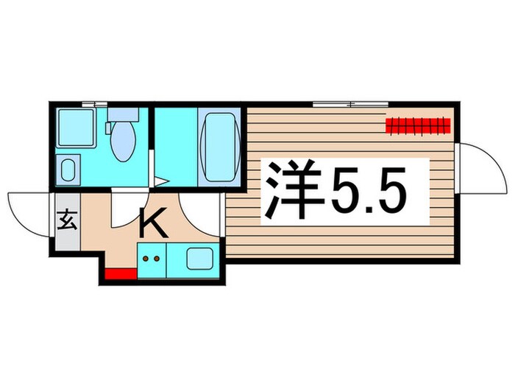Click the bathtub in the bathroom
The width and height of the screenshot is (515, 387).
(x=219, y=146)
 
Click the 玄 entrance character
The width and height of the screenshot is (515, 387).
(x=65, y=220)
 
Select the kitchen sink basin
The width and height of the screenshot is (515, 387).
(x=198, y=259)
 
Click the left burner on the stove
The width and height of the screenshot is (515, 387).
(x=146, y=259)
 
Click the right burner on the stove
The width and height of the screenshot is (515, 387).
(x=157, y=259)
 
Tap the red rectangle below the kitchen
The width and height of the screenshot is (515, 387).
(x=120, y=276)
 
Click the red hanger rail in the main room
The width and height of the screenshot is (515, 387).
(x=417, y=125)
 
